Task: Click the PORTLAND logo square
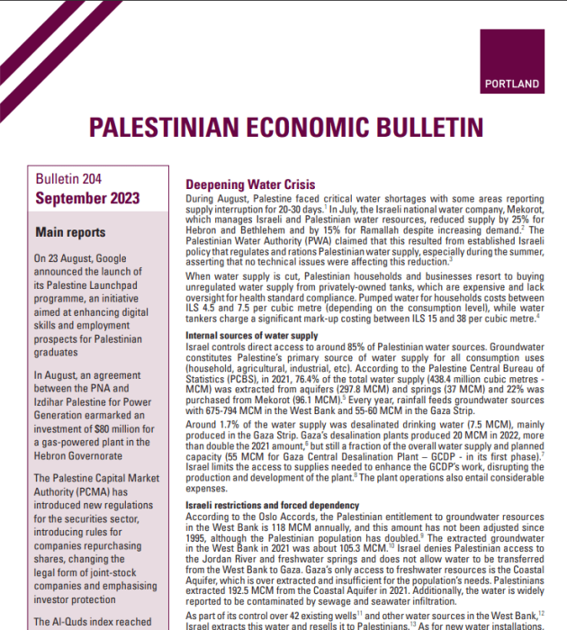click(511, 62)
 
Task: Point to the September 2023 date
click(86, 199)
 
